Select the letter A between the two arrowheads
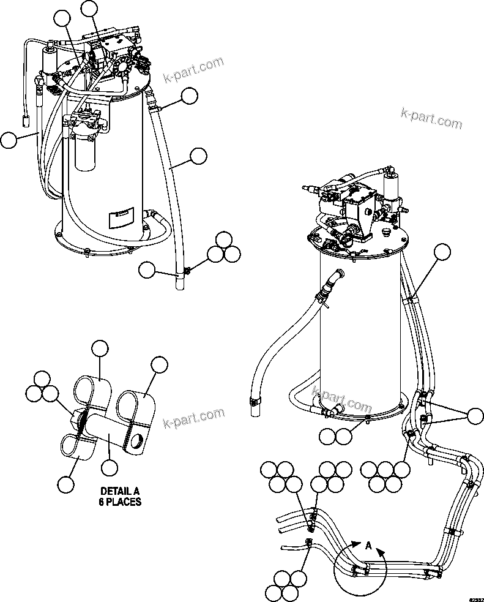click(x=368, y=545)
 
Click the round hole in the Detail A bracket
click(x=139, y=440)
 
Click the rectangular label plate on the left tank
click(x=119, y=216)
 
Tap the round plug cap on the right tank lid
click(x=385, y=233)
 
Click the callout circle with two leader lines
click(x=475, y=416)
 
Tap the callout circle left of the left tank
click(x=9, y=141)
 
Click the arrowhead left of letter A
click(x=353, y=544)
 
